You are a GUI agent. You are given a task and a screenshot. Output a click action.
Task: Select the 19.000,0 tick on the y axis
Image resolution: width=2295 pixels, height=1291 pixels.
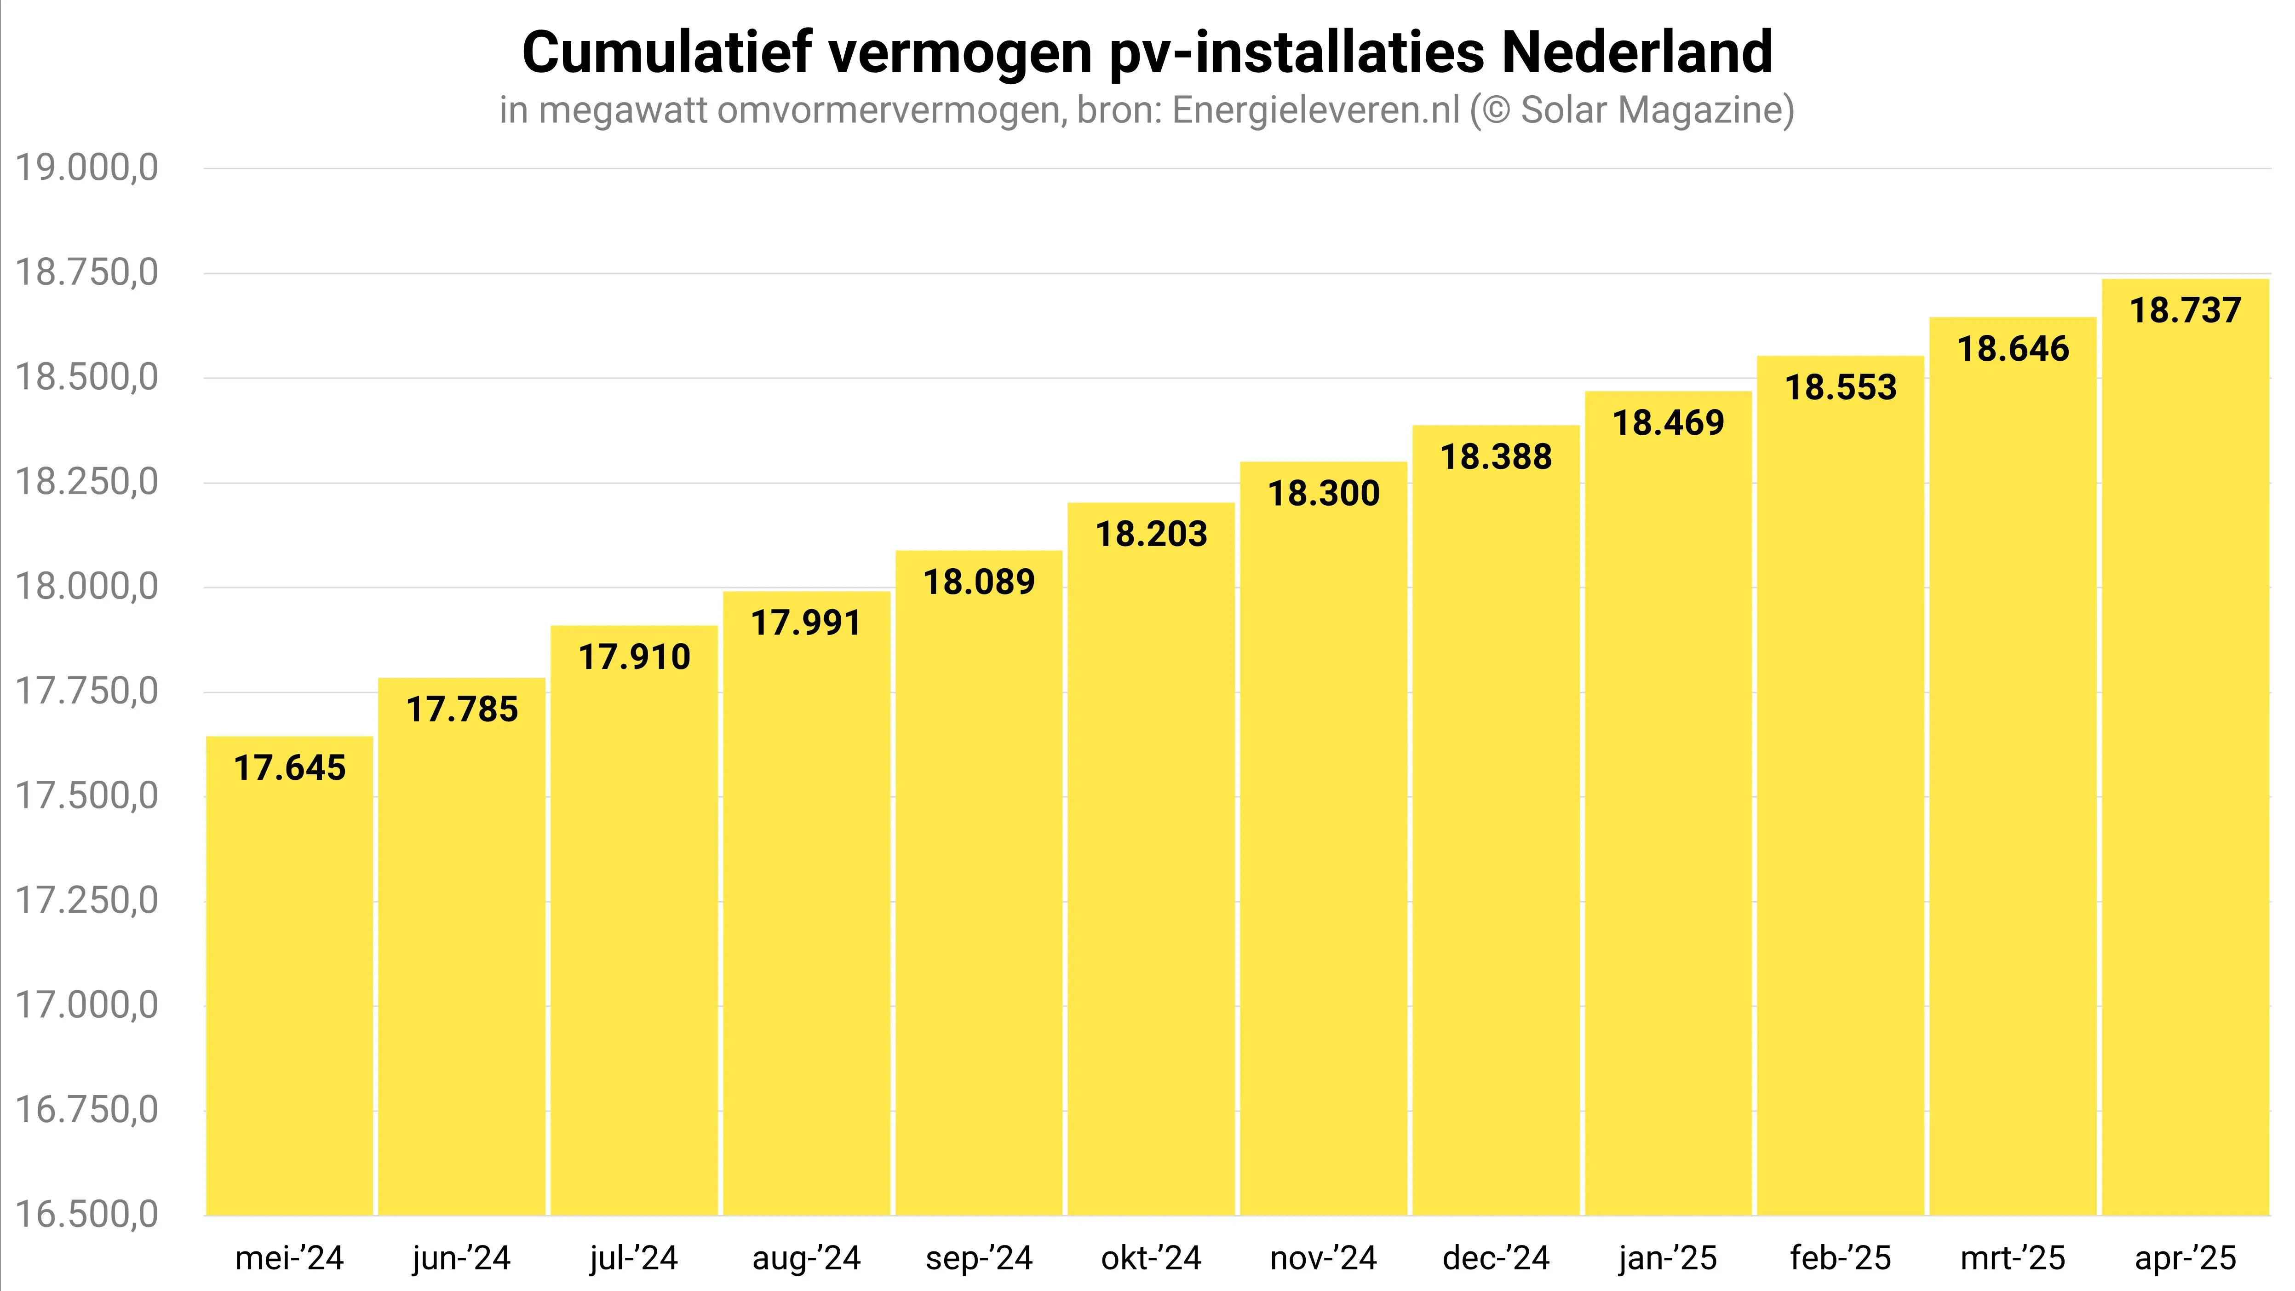point(87,167)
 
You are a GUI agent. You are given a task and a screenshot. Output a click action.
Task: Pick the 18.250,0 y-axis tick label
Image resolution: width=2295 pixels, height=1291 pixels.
point(87,482)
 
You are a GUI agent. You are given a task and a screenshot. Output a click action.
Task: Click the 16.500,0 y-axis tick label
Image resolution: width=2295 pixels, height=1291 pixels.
point(87,1214)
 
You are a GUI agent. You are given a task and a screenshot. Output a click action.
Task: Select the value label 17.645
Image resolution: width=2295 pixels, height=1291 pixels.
point(290,768)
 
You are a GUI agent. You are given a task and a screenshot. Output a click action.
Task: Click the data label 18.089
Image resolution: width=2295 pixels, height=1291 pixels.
point(979,582)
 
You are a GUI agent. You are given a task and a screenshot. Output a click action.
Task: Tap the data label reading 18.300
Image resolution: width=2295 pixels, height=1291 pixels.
point(1324,494)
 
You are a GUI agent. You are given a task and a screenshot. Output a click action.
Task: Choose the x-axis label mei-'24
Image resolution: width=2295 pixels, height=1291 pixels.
point(290,1258)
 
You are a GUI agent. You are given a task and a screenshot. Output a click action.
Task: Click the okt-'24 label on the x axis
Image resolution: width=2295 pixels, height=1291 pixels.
point(1151,1258)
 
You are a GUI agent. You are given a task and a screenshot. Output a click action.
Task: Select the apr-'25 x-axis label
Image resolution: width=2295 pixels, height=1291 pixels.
point(2185,1258)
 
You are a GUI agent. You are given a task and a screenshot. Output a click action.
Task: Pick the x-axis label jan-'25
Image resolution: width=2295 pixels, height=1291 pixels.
point(1668,1258)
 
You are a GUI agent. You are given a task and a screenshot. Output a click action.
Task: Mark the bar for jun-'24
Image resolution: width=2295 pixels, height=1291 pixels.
point(461,962)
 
